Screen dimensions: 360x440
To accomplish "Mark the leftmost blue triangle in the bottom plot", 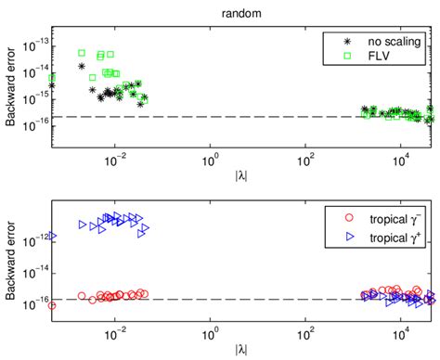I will tap(52, 237).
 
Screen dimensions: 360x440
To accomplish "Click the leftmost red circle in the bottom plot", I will tap(51, 305).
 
